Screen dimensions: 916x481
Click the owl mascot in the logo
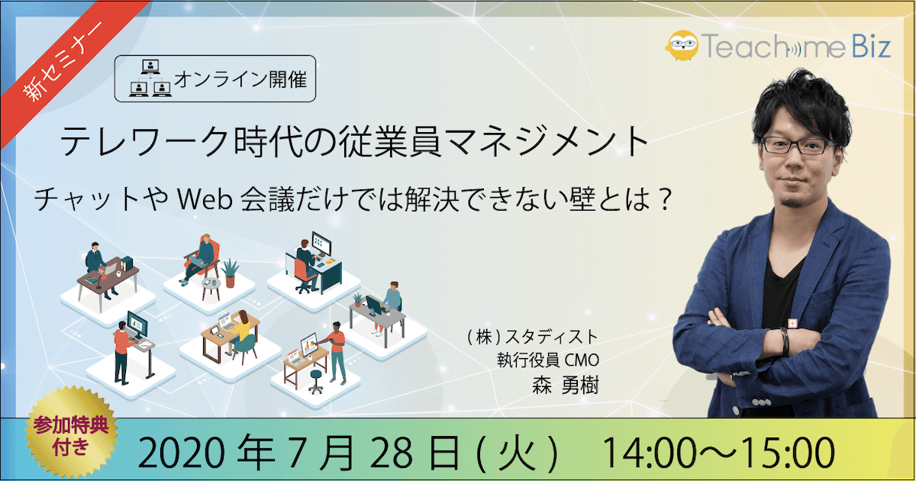coord(682,45)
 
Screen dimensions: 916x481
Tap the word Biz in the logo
coord(871,46)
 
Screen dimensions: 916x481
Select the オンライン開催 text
coord(240,79)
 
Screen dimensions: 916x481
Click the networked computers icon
coord(150,78)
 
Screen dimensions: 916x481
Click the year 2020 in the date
coord(180,454)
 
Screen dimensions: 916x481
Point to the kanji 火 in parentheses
coord(519,454)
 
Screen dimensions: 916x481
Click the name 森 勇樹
coord(565,385)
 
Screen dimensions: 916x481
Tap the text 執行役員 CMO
coord(548,360)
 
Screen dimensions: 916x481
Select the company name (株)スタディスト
coord(533,337)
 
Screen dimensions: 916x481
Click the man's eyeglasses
coord(798,146)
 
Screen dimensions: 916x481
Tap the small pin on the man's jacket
coord(793,324)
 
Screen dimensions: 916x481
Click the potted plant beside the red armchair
coord(231,273)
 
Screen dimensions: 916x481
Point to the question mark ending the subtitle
coord(665,200)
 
